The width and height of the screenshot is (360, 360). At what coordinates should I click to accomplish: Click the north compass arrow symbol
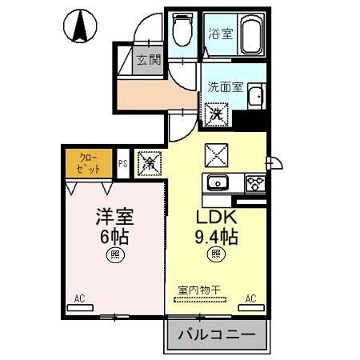click(81, 29)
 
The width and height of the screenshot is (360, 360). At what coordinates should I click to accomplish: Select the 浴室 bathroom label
click(220, 34)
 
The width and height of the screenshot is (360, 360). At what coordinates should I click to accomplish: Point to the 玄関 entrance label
click(148, 60)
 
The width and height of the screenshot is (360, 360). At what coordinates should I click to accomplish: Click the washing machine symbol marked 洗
click(217, 114)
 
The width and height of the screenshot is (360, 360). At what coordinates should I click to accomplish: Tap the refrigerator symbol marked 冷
click(149, 162)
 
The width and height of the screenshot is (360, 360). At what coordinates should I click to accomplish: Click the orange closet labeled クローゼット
click(89, 163)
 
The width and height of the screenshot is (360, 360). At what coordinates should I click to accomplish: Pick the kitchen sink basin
click(218, 184)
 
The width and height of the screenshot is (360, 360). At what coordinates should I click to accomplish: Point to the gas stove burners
click(255, 182)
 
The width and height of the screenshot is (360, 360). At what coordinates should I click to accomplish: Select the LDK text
click(215, 217)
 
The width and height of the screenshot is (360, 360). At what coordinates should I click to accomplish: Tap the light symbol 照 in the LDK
click(215, 255)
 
